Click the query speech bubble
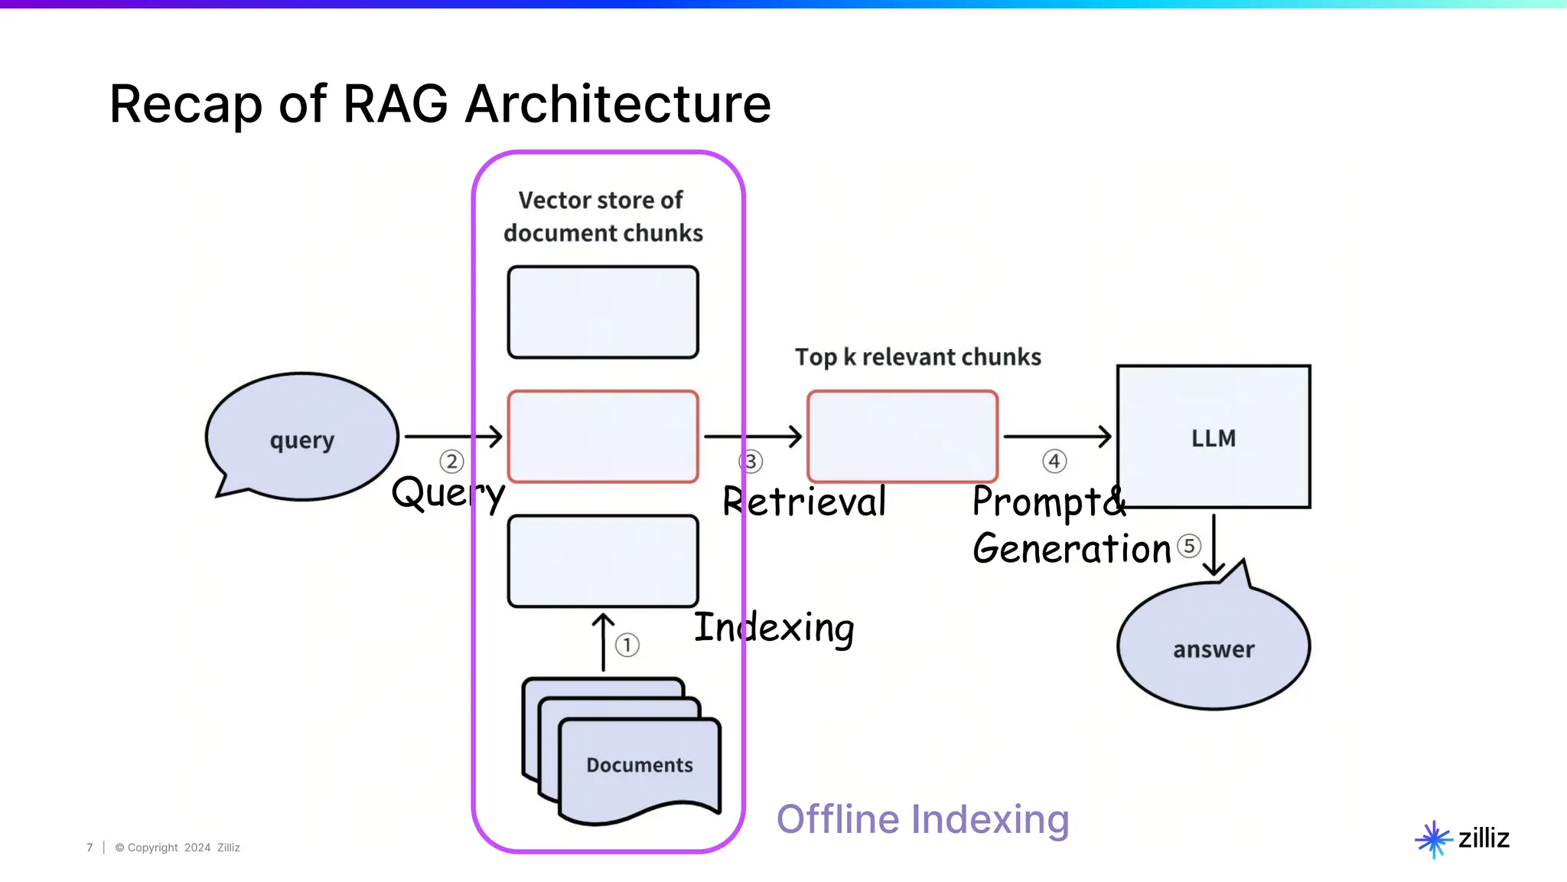click(301, 436)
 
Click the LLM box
click(1214, 437)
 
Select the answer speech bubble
click(1214, 648)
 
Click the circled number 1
click(627, 645)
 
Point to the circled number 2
click(451, 461)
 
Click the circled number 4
click(1054, 461)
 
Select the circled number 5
click(1188, 546)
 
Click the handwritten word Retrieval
click(804, 502)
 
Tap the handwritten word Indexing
click(774, 628)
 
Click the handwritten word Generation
click(1071, 549)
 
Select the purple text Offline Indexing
click(923, 819)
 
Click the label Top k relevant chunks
click(917, 357)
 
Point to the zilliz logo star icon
click(1433, 839)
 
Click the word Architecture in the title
click(618, 104)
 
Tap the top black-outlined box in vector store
click(603, 312)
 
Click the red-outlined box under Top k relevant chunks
click(902, 436)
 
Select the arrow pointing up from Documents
click(603, 642)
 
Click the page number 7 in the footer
click(90, 848)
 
